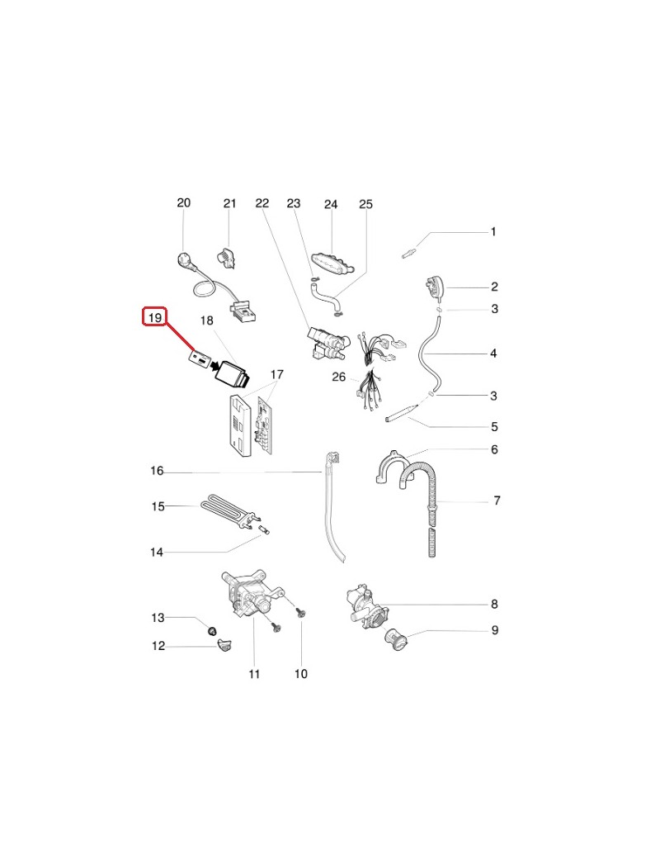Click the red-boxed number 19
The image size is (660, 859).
click(155, 317)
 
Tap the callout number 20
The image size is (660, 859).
click(183, 202)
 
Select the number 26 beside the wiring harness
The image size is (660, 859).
click(339, 377)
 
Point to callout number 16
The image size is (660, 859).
click(157, 471)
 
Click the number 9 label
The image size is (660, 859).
click(495, 630)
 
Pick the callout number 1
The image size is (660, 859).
click(493, 232)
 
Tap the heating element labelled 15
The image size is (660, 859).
click(229, 511)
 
